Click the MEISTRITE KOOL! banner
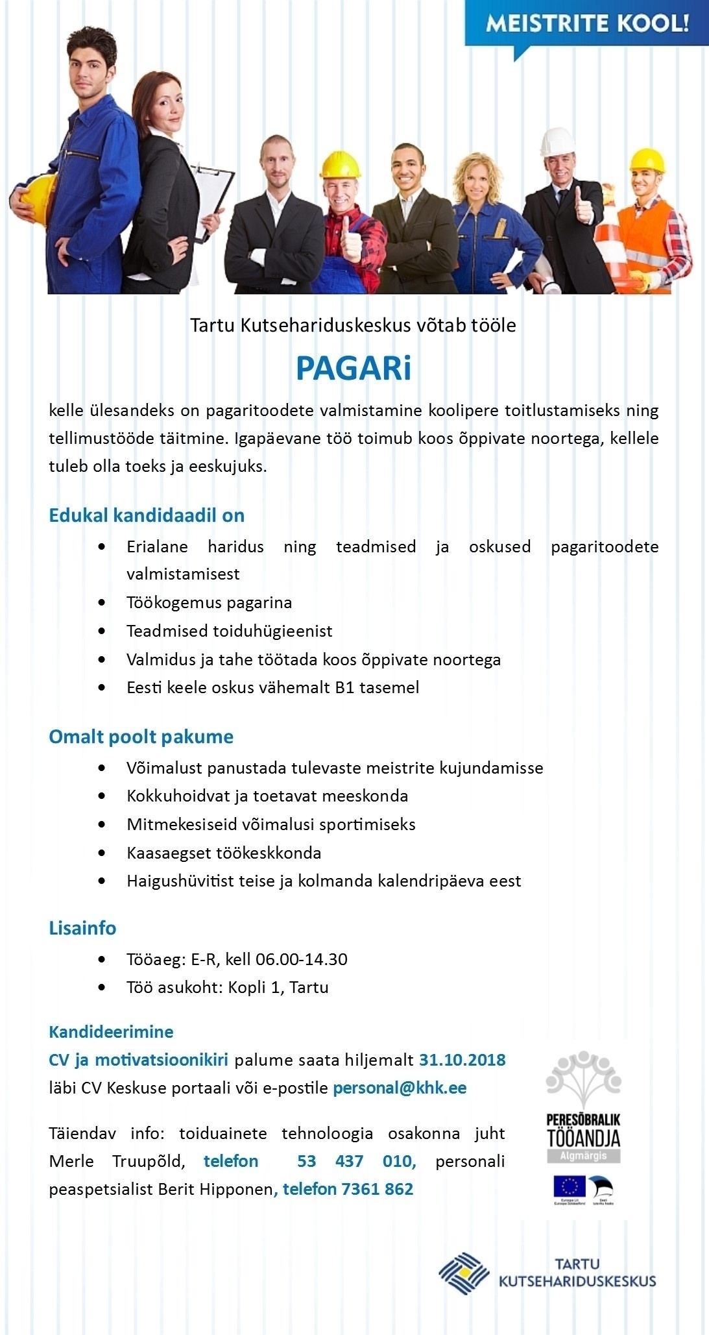coord(586,24)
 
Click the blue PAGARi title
coord(354,369)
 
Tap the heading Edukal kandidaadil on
coord(147,515)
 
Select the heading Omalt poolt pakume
coord(141,737)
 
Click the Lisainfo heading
coord(82,928)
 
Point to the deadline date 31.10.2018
coord(462,1060)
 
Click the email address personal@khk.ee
coord(400,1088)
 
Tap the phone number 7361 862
coord(378,1189)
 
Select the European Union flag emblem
coord(569,1185)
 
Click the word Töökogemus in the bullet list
coord(168,602)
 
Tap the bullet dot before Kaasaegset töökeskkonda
coord(102,853)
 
